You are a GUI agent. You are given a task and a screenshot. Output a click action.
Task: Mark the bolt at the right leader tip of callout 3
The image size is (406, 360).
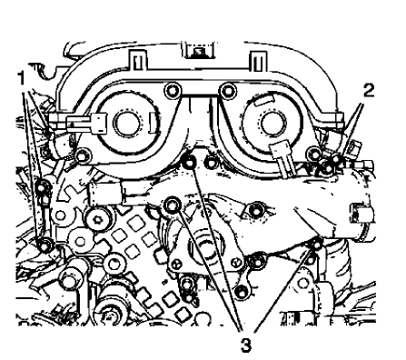[x=312, y=244]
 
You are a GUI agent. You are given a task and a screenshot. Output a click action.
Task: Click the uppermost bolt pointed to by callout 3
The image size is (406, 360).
[x=189, y=161]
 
